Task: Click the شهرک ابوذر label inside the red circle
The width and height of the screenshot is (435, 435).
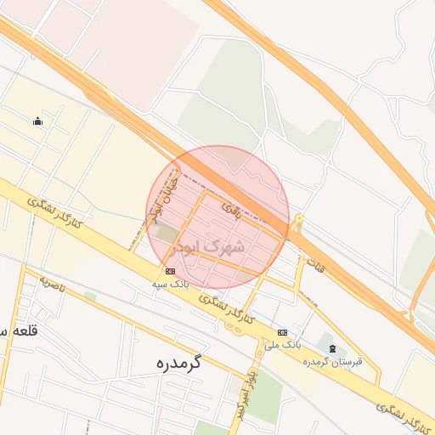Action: (209, 247)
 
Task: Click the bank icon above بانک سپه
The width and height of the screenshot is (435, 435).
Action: (171, 271)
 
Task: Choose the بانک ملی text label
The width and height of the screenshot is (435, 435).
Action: (283, 345)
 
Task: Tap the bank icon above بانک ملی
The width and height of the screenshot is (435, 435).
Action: (282, 332)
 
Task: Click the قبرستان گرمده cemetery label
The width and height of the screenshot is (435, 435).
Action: (332, 361)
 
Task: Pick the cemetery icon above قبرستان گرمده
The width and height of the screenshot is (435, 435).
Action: (332, 348)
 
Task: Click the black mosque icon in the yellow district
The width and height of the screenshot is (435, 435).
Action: (37, 121)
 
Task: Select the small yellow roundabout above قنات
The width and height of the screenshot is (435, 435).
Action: (297, 228)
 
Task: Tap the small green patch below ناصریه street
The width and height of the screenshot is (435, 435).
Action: (90, 296)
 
